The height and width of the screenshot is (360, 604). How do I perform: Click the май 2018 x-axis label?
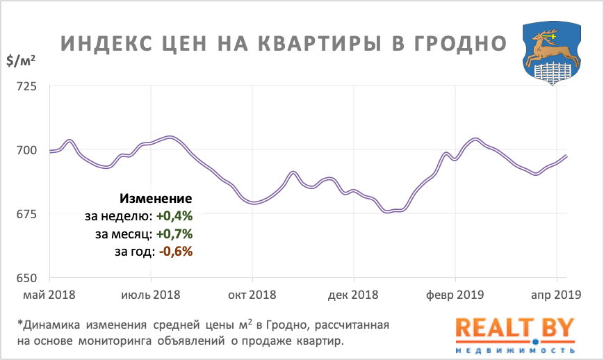(x=49, y=295)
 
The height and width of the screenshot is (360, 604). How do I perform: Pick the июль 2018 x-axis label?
(x=150, y=295)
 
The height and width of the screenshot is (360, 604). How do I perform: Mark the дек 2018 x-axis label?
(x=354, y=295)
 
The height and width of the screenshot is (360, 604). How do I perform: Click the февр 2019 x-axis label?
(x=456, y=295)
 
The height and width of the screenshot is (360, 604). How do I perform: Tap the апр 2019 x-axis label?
(x=555, y=295)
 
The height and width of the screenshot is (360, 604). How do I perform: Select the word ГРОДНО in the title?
(x=457, y=43)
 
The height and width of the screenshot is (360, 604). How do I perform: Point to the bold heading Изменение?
(x=156, y=198)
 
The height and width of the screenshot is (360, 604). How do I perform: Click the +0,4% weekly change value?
(x=173, y=216)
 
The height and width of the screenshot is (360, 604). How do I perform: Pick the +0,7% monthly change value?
(x=173, y=234)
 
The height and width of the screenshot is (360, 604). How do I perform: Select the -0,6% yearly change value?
(x=175, y=251)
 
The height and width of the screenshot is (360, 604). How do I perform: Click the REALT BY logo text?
(x=515, y=329)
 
